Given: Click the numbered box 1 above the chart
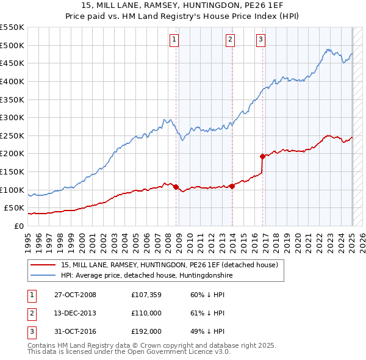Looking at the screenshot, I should pyautogui.click(x=174, y=40).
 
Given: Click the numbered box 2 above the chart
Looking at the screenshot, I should pyautogui.click(x=230, y=40).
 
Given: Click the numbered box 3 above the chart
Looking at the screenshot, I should pyautogui.click(x=260, y=40).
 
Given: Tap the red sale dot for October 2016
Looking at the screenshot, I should pyautogui.click(x=262, y=156).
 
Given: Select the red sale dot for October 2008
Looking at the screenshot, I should pyautogui.click(x=176, y=187).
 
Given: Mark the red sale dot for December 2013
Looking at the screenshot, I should pyautogui.click(x=232, y=186).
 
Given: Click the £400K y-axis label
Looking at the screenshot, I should pyautogui.click(x=12, y=81).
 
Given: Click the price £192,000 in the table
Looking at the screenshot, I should pyautogui.click(x=147, y=331).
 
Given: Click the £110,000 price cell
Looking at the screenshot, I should pyautogui.click(x=147, y=313).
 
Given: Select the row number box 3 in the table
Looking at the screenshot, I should pyautogui.click(x=31, y=331).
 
